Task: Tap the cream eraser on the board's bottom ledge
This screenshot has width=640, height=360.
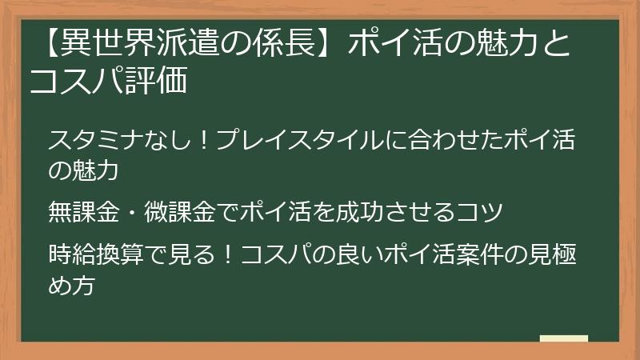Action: pos(563,338)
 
